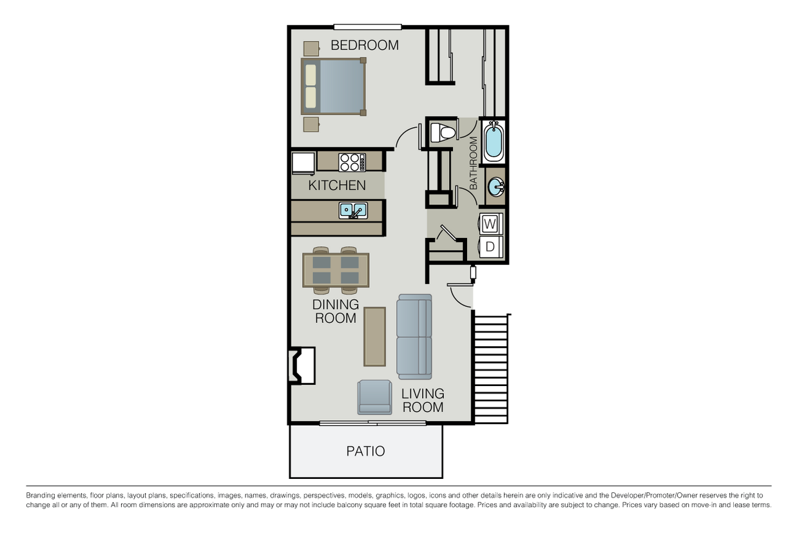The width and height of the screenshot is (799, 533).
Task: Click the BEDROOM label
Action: coord(364,45)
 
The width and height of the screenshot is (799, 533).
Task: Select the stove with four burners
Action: coord(352,162)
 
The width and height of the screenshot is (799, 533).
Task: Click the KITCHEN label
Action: coord(336,186)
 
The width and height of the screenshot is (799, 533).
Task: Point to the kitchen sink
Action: coord(352,209)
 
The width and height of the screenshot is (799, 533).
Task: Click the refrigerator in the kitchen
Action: coord(303,162)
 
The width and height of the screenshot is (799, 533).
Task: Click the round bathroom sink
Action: coord(495,188)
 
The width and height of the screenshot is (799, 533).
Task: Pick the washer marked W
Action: coord(490,224)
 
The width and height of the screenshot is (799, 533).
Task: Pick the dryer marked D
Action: coord(490,246)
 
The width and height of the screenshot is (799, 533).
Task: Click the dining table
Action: coord(336,270)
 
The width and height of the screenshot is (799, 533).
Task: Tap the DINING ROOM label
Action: coord(336,311)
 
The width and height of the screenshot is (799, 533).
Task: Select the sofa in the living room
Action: coord(414,336)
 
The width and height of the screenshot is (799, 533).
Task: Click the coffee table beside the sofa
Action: coord(374,336)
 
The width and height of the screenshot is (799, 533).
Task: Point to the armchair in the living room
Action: coord(374,397)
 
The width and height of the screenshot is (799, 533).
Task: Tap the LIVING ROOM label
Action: coord(423,400)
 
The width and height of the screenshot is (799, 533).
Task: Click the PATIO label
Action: coord(365,451)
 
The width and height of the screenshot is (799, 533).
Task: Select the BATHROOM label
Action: coord(474,163)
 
